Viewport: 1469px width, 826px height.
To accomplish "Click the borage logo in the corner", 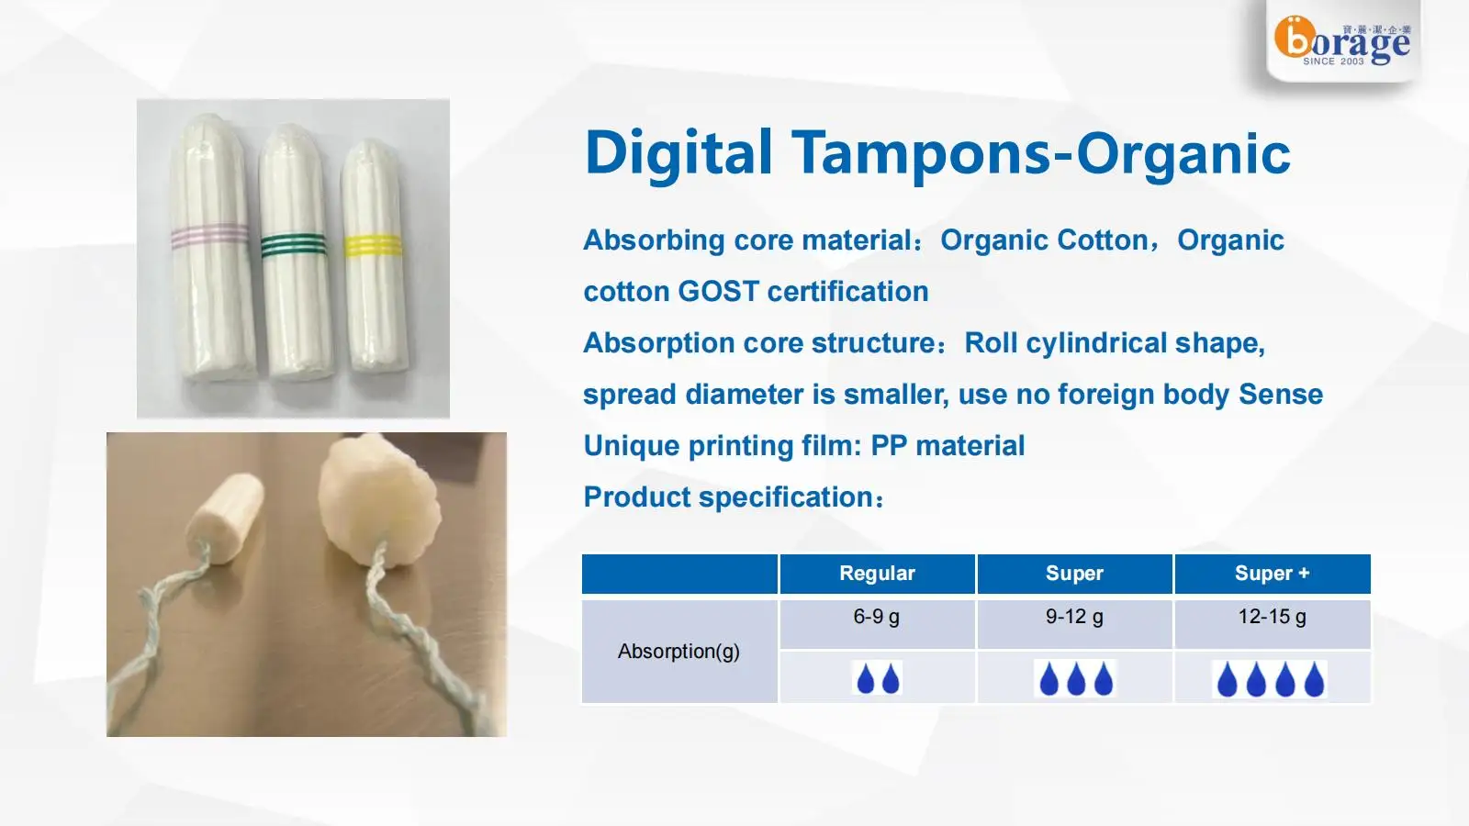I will pyautogui.click(x=1341, y=42).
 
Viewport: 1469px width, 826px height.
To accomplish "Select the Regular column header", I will pyautogui.click(x=877, y=574).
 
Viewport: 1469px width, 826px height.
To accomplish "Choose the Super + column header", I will pyautogui.click(x=1272, y=574).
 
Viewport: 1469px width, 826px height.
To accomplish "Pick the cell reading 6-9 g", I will pyautogui.click(x=877, y=618).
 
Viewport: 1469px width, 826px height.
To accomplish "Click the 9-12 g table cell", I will pyautogui.click(x=1074, y=618).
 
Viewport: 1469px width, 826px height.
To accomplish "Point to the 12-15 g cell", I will pyautogui.click(x=1272, y=618).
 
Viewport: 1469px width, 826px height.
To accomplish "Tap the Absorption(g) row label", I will pyautogui.click(x=678, y=652).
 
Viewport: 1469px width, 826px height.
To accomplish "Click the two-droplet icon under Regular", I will pyautogui.click(x=877, y=679).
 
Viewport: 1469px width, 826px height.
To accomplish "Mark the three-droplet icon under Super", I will pyautogui.click(x=1075, y=679).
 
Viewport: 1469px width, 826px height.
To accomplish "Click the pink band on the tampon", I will pyautogui.click(x=210, y=236).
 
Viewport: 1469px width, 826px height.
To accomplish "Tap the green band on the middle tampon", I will pyautogui.click(x=293, y=245).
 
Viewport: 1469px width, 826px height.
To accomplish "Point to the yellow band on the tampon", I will pyautogui.click(x=373, y=246).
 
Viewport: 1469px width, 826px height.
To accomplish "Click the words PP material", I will pyautogui.click(x=947, y=446).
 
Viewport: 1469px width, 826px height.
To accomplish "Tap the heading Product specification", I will pyautogui.click(x=732, y=497).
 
